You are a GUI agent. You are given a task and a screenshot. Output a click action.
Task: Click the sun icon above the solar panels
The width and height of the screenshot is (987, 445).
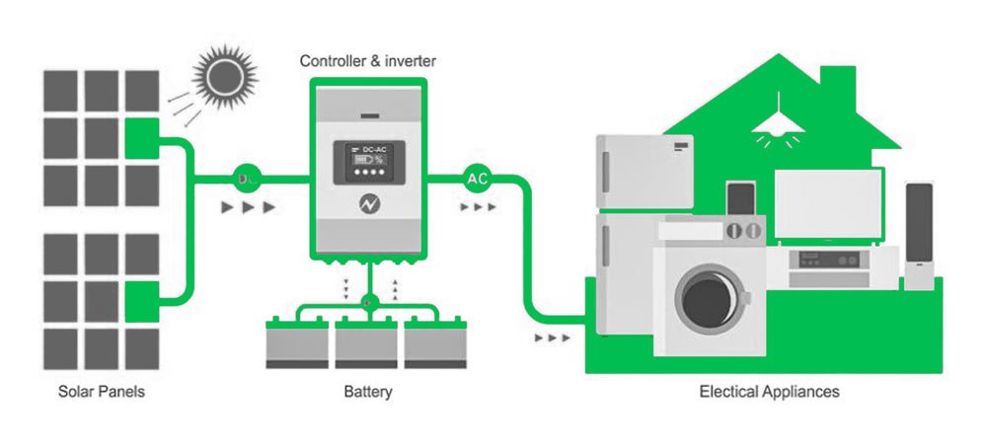click(224, 75)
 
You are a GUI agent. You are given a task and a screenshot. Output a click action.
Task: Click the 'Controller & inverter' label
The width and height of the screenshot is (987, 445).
click(367, 62)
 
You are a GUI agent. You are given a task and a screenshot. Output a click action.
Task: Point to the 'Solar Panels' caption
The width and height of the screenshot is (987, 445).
click(101, 392)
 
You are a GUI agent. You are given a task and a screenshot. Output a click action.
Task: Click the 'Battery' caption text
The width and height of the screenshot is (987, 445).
click(368, 392)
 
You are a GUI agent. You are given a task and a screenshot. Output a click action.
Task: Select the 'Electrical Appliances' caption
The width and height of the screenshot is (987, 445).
click(769, 392)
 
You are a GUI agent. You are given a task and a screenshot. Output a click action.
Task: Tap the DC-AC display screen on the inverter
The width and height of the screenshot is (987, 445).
click(367, 161)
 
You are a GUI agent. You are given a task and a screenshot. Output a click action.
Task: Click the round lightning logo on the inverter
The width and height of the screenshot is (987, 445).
click(367, 205)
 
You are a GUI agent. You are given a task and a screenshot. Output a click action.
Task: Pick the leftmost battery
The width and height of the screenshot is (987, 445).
click(299, 342)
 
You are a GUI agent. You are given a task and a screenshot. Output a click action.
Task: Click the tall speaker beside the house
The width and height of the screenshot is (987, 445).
click(919, 232)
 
